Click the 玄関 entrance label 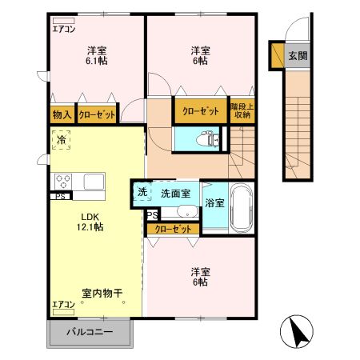tap(298, 56)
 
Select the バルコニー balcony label tap(90, 331)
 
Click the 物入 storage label tap(62, 114)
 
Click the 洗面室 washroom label tap(174, 193)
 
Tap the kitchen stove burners tap(64, 180)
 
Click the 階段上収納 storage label tap(242, 110)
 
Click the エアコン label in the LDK tap(63, 305)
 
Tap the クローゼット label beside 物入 tap(97, 114)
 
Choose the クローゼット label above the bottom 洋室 tap(173, 230)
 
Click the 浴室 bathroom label tap(214, 203)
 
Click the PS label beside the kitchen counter tap(60, 195)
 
